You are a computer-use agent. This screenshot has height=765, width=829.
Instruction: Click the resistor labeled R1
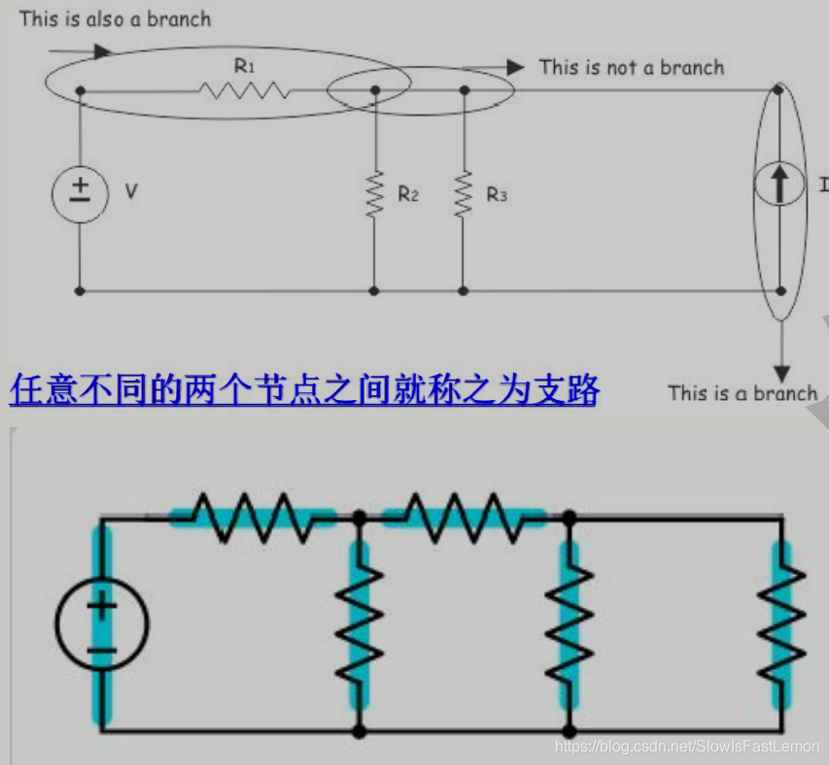coord(244,90)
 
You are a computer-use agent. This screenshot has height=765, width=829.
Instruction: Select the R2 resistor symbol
coord(374,193)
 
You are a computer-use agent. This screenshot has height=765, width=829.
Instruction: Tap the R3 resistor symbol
coord(464,193)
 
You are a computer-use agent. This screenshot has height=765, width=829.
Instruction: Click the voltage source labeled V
coord(80,192)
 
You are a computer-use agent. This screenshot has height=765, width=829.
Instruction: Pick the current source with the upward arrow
coord(779,185)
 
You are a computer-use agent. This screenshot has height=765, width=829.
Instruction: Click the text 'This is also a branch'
coord(115,18)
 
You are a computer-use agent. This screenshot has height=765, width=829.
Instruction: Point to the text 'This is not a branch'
coord(632,67)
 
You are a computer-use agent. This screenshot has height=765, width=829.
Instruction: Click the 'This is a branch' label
coord(743,392)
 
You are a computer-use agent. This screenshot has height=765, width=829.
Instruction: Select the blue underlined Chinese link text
coord(304,389)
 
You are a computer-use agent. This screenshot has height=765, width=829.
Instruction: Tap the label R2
coord(408,194)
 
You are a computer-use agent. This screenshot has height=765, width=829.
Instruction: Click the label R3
coord(497,194)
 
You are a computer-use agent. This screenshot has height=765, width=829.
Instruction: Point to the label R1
coord(244,66)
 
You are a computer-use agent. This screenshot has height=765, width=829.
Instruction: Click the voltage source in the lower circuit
coord(101,626)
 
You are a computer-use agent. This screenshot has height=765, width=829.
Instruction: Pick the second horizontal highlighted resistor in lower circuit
coord(465,516)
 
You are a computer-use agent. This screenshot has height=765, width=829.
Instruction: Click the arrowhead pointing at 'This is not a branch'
coord(515,67)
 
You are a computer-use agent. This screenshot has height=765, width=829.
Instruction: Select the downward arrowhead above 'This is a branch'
coord(780,372)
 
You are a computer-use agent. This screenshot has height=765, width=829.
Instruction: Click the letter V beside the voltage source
coord(131,192)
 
